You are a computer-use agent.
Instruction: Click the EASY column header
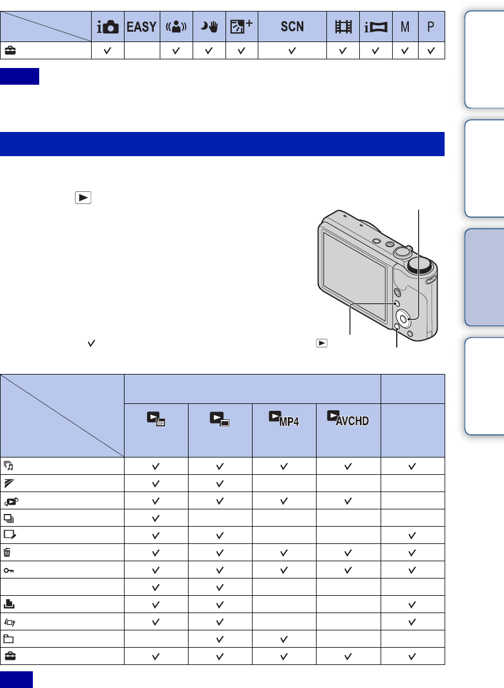(141, 27)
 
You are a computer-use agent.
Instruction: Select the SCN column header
(292, 27)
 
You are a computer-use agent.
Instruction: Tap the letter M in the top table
(405, 27)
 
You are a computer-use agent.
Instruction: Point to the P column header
(431, 27)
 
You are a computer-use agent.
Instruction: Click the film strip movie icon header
(343, 27)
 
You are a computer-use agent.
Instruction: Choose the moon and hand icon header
(209, 27)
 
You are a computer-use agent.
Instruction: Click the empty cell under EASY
(142, 51)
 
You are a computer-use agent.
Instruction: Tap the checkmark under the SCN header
(292, 51)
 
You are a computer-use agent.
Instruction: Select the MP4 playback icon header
(284, 418)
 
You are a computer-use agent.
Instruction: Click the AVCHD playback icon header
(348, 418)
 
